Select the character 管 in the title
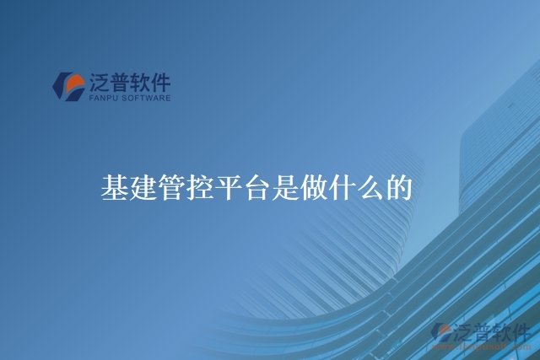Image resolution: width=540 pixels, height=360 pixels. click(x=171, y=188)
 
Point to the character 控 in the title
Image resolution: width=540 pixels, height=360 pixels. click(x=199, y=188)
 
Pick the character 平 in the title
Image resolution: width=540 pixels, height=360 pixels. click(x=228, y=188)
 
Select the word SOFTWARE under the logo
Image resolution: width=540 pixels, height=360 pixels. click(x=148, y=99)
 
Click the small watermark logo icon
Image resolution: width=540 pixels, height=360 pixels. click(x=440, y=332)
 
